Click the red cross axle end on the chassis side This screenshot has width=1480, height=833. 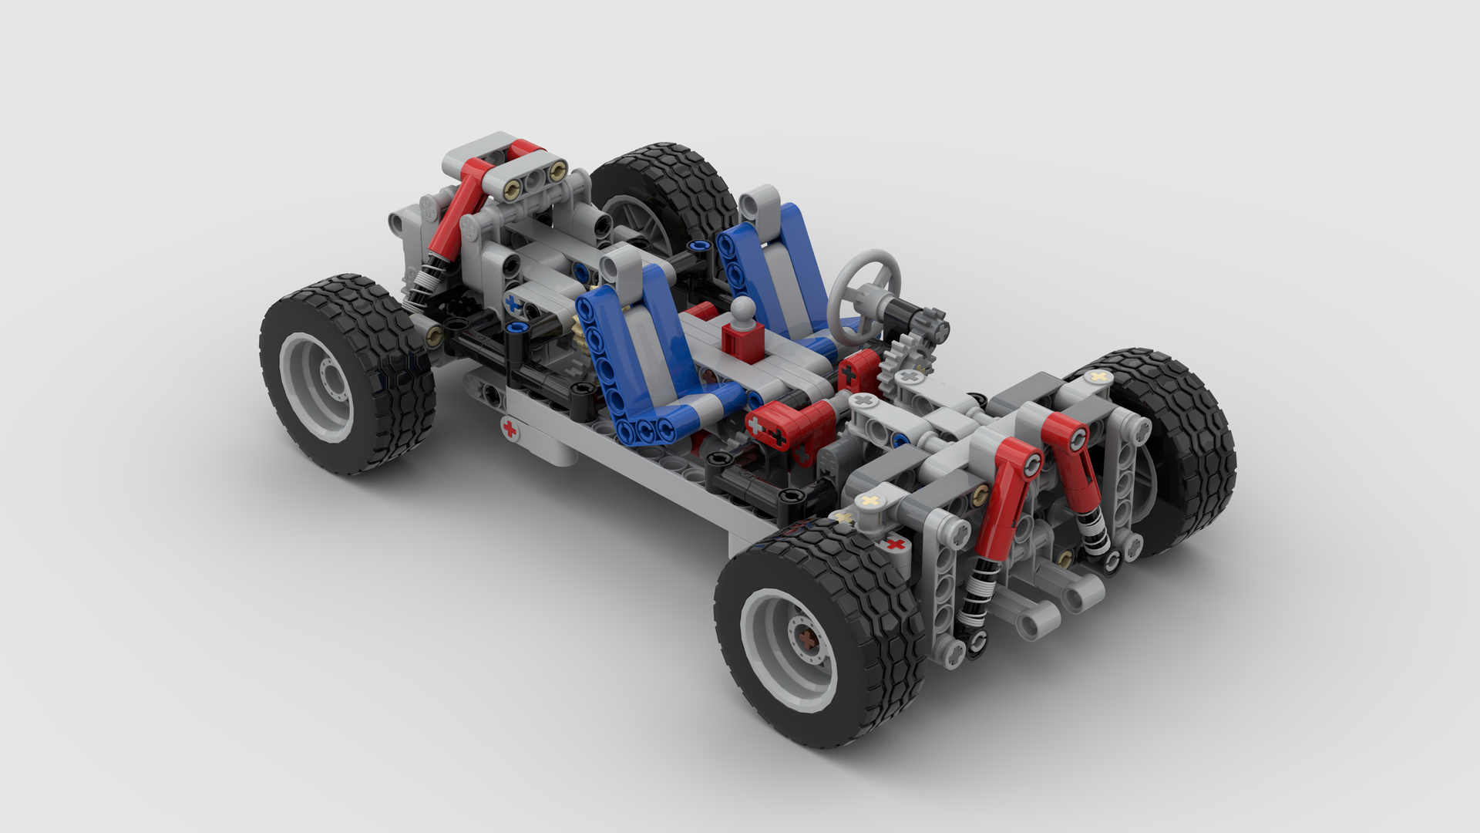click(x=509, y=429)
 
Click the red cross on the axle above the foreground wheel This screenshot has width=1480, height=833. click(x=895, y=545)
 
